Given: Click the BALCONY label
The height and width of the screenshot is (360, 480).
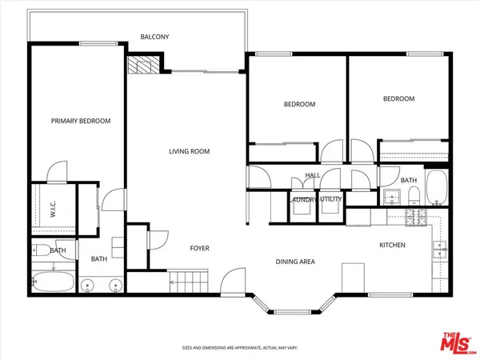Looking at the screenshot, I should click(154, 37).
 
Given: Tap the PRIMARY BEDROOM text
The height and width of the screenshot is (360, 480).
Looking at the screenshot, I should click(80, 121).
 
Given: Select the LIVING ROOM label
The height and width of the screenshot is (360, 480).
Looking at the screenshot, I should click(189, 151).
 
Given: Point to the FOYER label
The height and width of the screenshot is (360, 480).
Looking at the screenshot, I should click(199, 248).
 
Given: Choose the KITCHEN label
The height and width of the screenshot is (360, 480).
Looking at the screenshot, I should click(392, 245).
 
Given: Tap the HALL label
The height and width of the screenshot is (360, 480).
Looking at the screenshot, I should click(312, 175).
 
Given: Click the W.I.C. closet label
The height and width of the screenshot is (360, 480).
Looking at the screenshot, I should click(53, 210).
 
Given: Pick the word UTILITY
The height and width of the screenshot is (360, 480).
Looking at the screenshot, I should click(330, 200).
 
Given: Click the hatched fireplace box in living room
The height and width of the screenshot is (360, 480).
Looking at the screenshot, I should click(142, 66).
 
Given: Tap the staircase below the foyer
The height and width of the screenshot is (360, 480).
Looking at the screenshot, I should click(188, 281).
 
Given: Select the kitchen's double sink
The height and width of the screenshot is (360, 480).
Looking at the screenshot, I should click(438, 251).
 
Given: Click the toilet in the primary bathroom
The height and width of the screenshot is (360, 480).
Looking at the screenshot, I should click(39, 250).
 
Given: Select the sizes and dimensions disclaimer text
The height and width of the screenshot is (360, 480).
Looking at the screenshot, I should click(239, 348).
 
